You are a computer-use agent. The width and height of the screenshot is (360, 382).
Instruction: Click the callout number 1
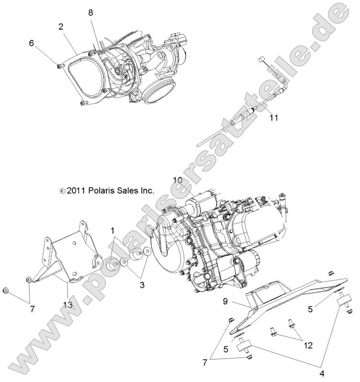pyautogui.click(x=113, y=230)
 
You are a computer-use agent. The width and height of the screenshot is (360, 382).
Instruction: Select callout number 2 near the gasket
pyautogui.click(x=61, y=27)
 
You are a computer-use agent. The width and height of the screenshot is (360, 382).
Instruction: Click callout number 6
pyautogui.click(x=32, y=43)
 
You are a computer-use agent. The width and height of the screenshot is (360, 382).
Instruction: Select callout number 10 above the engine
pyautogui.click(x=177, y=180)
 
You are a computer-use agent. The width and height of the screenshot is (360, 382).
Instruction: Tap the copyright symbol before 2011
pyautogui.click(x=62, y=191)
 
